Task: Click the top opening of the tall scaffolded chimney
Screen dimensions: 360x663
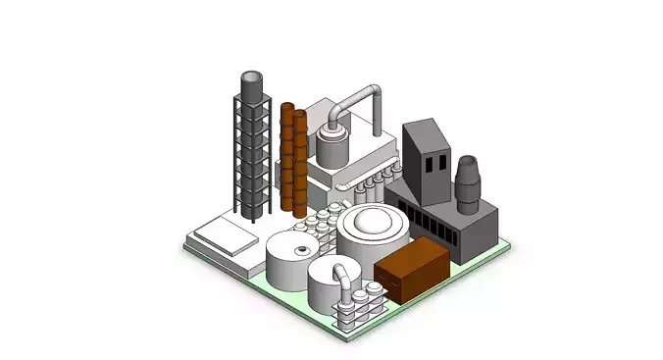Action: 252,77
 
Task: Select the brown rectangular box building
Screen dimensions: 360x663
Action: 412,268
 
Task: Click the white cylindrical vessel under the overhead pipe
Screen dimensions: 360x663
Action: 333,150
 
